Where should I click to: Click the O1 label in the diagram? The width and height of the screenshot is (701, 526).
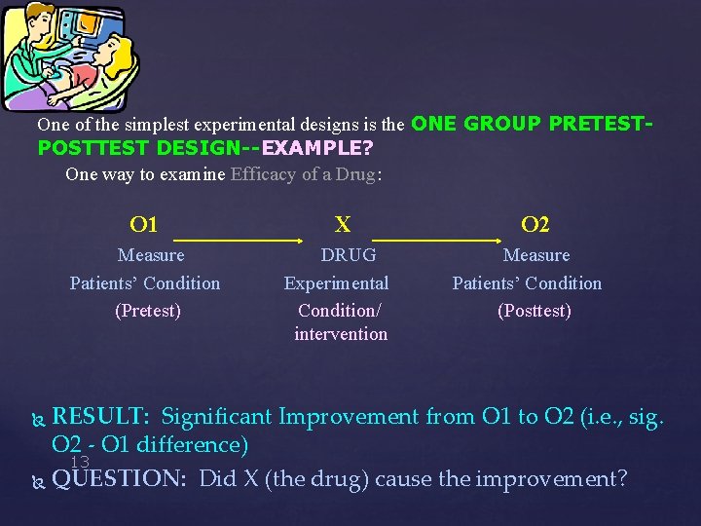coord(144,225)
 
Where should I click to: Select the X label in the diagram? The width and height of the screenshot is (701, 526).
coord(343,225)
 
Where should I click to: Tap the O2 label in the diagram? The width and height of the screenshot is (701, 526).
coord(535,225)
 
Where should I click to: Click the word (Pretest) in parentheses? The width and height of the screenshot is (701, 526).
coord(148,311)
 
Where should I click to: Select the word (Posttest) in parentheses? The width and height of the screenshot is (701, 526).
coord(535,311)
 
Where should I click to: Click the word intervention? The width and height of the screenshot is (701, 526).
coord(341,334)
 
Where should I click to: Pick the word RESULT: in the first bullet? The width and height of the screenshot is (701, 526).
coord(100,417)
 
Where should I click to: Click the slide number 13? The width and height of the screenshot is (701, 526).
coord(80,462)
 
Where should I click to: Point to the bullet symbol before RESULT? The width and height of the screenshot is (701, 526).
coord(39,419)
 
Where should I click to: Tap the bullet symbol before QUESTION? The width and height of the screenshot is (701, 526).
coord(39,481)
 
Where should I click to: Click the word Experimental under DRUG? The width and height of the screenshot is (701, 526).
coord(336,283)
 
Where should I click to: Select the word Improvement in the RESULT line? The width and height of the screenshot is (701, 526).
coord(359,417)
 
